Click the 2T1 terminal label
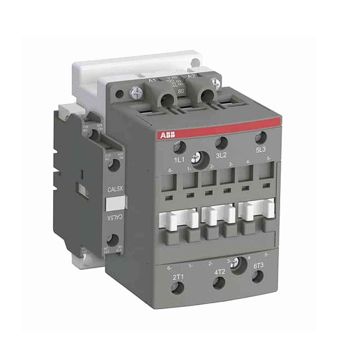178,277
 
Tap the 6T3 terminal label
258,265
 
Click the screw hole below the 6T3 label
258,277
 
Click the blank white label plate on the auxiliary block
116,204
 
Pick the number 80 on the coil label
181,91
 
